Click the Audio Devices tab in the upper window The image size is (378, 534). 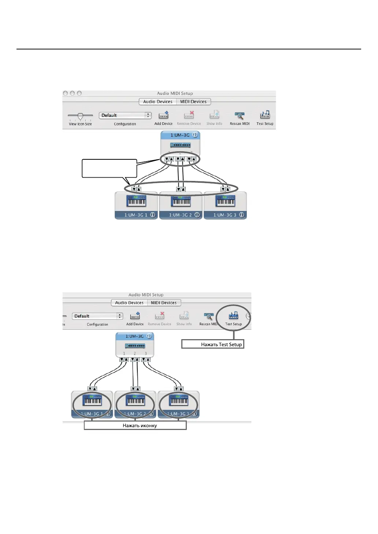click(x=157, y=102)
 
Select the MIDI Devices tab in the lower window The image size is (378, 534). click(x=164, y=303)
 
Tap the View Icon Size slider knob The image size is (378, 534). click(x=80, y=116)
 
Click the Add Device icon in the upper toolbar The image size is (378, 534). click(x=163, y=115)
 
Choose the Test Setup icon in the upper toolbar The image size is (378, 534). click(x=265, y=115)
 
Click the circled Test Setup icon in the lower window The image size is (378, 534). click(x=233, y=316)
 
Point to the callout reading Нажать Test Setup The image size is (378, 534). click(x=213, y=344)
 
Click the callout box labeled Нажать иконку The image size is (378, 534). click(x=135, y=425)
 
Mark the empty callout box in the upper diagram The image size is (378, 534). click(x=109, y=168)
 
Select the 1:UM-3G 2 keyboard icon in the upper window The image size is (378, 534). click(x=181, y=201)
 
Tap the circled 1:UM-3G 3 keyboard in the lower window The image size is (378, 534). click(x=179, y=400)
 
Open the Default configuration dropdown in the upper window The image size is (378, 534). click(x=125, y=115)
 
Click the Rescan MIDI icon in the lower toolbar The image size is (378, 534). click(x=208, y=316)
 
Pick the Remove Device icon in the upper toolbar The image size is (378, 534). click(x=189, y=115)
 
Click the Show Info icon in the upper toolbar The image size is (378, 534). click(x=214, y=115)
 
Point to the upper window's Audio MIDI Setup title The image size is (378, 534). click(x=175, y=93)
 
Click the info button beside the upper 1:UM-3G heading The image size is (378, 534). click(x=195, y=135)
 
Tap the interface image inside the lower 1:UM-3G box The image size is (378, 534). click(x=135, y=346)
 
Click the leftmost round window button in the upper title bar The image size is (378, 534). click(x=66, y=93)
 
